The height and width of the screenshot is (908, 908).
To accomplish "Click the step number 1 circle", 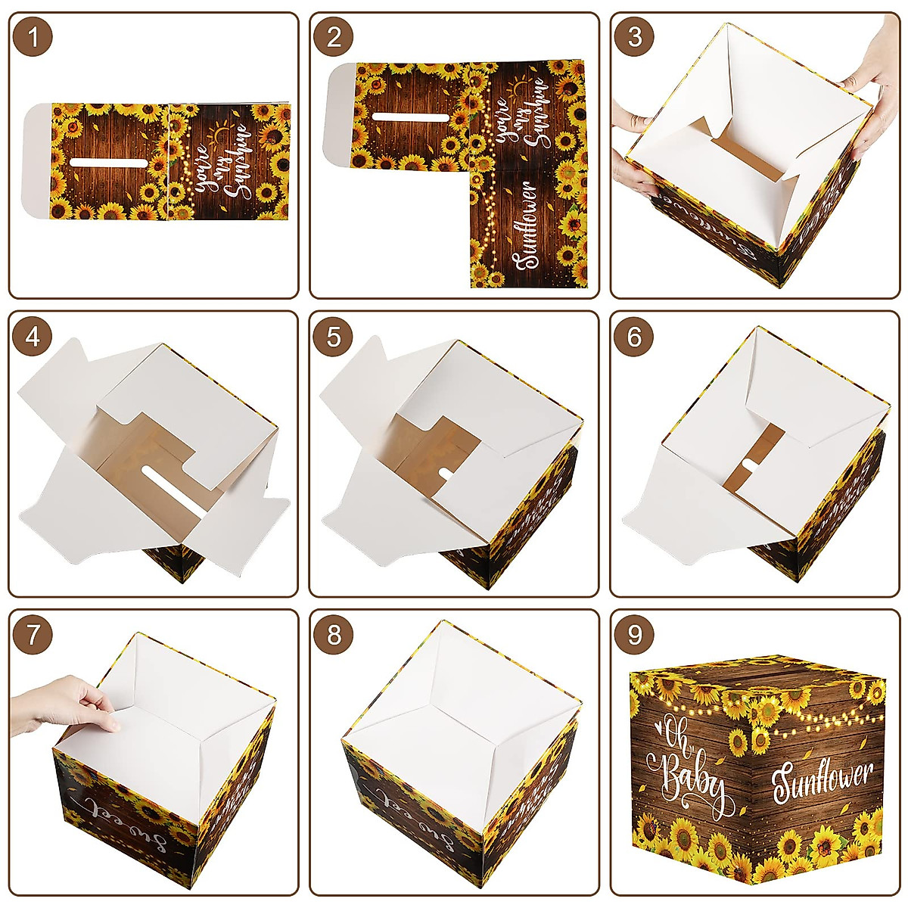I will (33, 37).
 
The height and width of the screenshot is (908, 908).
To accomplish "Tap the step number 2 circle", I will (334, 37).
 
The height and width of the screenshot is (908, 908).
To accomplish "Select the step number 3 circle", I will (635, 37).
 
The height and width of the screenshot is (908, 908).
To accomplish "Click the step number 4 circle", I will (33, 337).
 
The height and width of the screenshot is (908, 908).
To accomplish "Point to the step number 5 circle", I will (334, 337).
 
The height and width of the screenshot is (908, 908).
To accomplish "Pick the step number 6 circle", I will (635, 337).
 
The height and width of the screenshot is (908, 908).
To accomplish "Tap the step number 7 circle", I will (33, 635).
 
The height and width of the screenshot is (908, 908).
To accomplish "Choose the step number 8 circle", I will (334, 635).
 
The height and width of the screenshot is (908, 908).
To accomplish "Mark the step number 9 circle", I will (635, 635).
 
